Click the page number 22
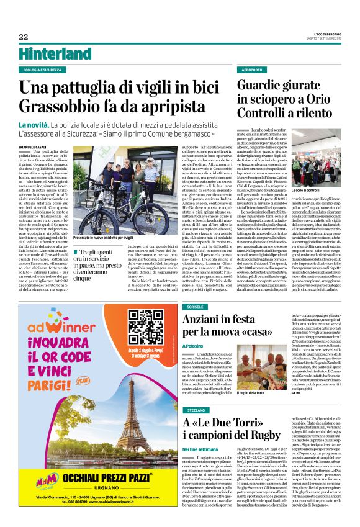coord(24,37)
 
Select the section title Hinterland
coord(55,54)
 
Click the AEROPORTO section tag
coord(252,70)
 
